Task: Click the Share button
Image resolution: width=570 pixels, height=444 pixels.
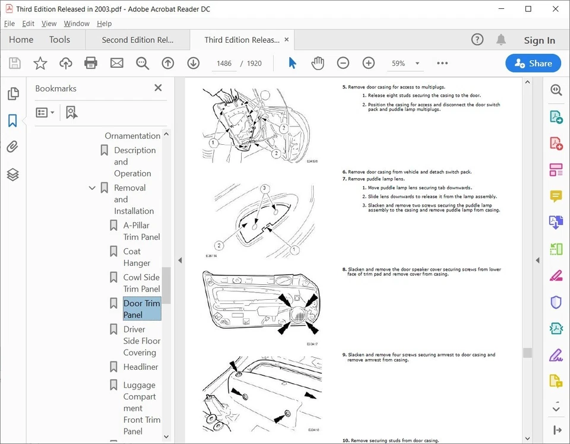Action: point(533,64)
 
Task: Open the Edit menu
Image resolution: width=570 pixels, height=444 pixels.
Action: point(28,24)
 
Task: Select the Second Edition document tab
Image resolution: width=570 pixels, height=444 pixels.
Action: point(137,40)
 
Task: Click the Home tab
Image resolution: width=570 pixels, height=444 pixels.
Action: point(21,40)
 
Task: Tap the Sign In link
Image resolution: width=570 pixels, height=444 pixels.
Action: point(539,40)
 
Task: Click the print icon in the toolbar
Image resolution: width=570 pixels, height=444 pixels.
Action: point(91,64)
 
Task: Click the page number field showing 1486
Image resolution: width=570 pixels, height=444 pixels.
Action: point(224,64)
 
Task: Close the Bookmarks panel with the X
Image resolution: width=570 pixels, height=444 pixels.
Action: point(158,88)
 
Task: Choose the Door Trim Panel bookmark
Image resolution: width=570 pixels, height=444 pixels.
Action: point(141,309)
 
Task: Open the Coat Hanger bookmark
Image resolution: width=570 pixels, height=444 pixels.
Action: point(137,257)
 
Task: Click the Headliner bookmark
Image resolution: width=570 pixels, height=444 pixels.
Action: point(140,367)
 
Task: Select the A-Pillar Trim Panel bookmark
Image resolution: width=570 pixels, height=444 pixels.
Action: point(141,231)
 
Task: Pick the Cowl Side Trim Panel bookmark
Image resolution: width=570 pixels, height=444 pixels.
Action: point(141,283)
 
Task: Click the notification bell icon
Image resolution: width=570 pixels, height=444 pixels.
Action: point(501,40)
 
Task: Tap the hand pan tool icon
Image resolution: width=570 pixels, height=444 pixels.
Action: point(318,64)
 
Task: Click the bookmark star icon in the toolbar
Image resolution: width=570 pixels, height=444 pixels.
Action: point(40,64)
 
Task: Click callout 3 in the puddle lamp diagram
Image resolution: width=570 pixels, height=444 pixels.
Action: point(264,188)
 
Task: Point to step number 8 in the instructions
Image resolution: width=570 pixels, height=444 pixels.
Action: point(344,269)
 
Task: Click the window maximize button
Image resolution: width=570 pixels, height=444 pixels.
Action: point(528,9)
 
